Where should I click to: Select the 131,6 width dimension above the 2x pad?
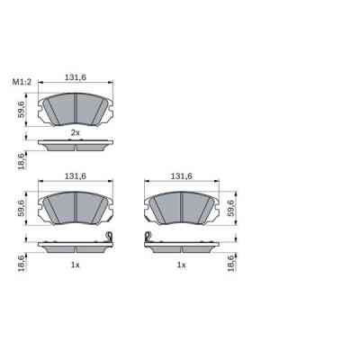tap(75, 78)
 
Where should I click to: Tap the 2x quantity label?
tap(76, 132)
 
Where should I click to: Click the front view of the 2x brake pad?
tap(76, 110)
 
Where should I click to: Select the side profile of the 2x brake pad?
tap(76, 142)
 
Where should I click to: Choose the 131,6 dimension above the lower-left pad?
tap(75, 176)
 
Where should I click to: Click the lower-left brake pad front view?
tap(76, 208)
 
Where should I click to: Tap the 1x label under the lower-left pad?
tap(76, 265)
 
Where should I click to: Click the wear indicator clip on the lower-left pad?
tap(110, 239)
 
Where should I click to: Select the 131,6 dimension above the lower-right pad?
tap(182, 176)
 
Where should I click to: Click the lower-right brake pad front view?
tap(182, 208)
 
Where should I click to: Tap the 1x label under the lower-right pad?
tap(182, 265)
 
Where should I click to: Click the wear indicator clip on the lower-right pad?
tap(147, 239)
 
